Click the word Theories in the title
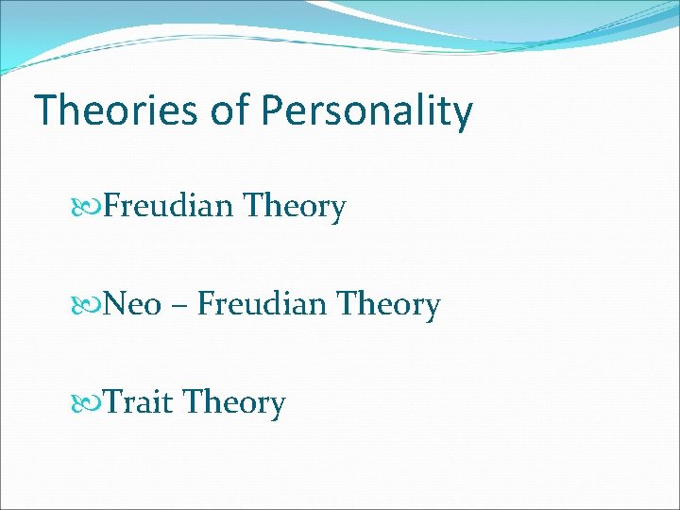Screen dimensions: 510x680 pos(115,110)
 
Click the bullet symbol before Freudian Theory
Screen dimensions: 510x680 pos(91,206)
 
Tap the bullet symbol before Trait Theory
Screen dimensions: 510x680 pos(91,403)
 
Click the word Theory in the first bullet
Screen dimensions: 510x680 pos(294,207)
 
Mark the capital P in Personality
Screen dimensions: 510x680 pos(274,110)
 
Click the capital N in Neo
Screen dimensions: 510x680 pos(114,305)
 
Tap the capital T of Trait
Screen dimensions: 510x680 pos(112,403)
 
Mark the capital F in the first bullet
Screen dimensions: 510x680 pos(111,205)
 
